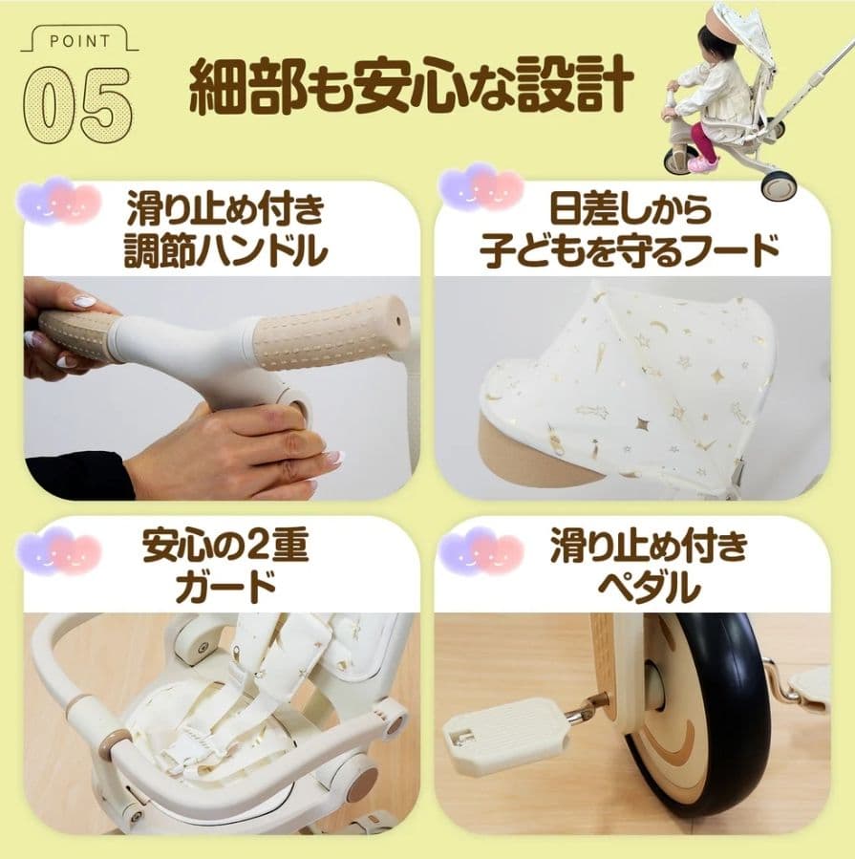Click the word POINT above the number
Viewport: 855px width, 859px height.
pos(77,41)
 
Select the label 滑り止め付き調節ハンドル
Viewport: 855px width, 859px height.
pos(226,229)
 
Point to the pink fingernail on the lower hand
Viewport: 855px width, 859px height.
pos(331,458)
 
